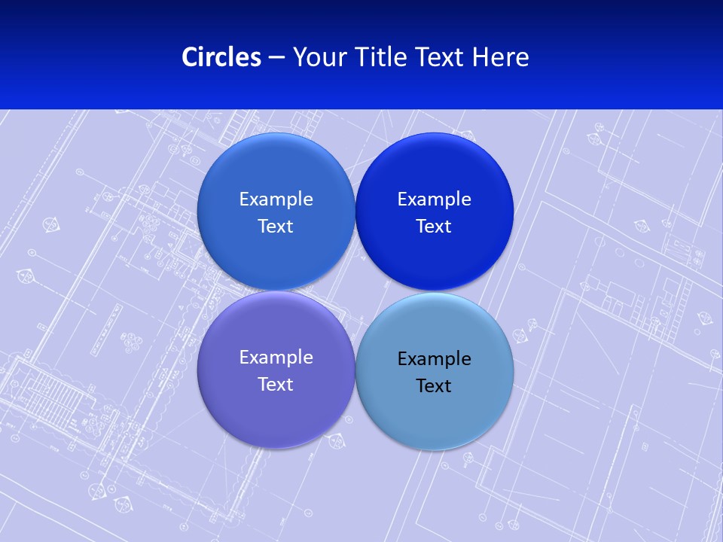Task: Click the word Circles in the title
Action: [x=221, y=57]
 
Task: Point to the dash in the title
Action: [x=276, y=58]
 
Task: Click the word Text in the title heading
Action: [x=441, y=57]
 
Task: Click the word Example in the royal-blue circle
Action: [x=434, y=199]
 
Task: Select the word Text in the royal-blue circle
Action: [x=434, y=227]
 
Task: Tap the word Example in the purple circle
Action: [x=276, y=358]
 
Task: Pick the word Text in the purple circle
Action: [x=276, y=385]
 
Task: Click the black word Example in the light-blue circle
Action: [x=434, y=359]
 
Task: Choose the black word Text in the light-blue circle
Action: [x=434, y=386]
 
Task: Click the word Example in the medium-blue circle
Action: [x=276, y=199]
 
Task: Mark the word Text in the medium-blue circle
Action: [x=276, y=227]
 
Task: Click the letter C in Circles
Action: [x=189, y=57]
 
